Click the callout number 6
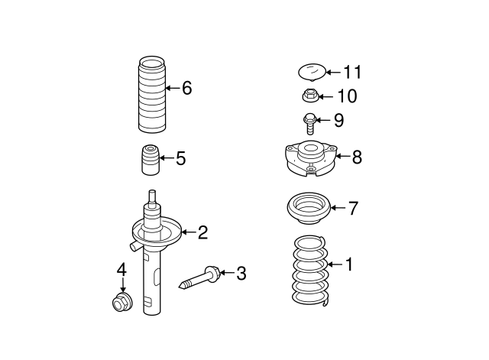186,88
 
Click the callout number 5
180,159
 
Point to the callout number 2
202,232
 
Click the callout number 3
241,273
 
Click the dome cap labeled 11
310,73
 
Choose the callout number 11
351,73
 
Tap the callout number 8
357,157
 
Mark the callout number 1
349,265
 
